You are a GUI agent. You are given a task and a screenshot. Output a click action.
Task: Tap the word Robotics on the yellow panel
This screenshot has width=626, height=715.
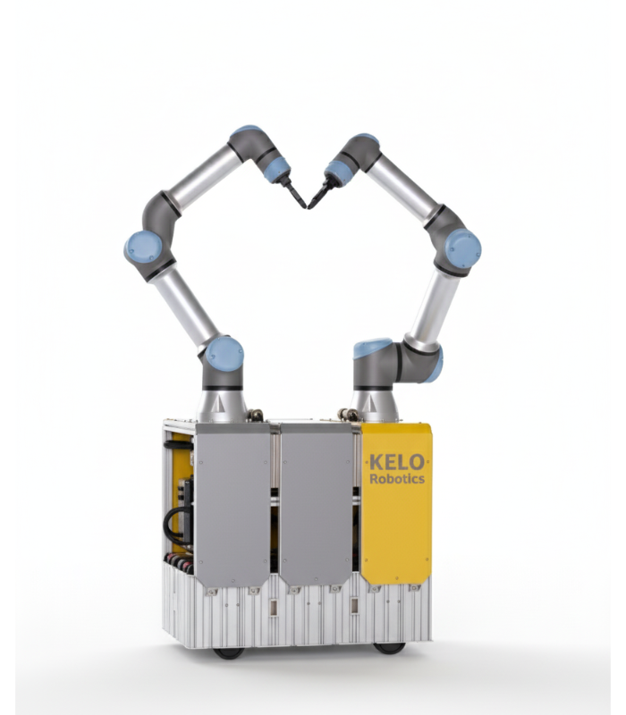coord(397,478)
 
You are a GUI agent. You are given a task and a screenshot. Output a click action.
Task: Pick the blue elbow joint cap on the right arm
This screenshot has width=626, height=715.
coord(462,247)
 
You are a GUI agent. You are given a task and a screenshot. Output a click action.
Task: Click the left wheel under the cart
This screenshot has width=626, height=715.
coord(229,652)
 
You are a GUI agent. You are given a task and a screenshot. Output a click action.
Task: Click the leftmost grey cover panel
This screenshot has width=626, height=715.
coord(232,505)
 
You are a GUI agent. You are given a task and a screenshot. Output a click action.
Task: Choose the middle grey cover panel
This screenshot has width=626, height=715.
coord(316,505)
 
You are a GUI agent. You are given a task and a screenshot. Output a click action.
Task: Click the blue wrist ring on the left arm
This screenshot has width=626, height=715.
coord(278,168)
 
